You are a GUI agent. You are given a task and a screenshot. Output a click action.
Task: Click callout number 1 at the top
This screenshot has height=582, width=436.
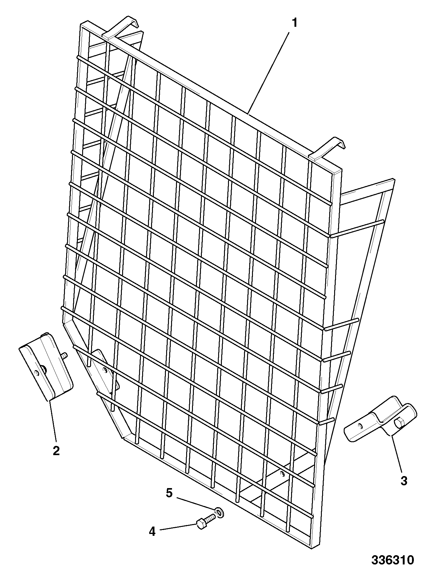[x=294, y=23]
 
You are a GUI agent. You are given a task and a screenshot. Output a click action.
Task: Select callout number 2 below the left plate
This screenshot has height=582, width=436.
[x=56, y=451]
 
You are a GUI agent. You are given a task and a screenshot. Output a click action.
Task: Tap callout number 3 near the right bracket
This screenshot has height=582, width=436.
[x=404, y=481]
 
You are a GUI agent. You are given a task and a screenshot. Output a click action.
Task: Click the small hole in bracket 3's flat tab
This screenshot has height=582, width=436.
[x=361, y=425]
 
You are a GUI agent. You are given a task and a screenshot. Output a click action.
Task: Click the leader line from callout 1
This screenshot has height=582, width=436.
[x=269, y=73]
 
